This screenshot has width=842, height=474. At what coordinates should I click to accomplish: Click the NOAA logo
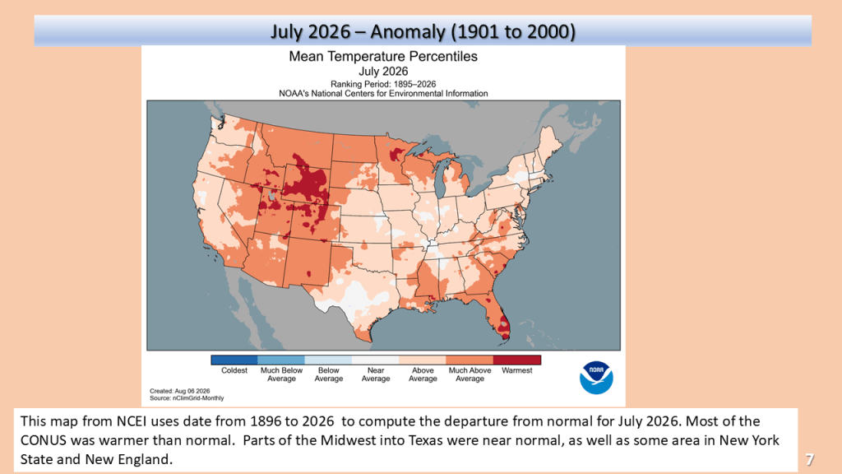click(596, 378)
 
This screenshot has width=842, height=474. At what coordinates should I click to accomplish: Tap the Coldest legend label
click(234, 370)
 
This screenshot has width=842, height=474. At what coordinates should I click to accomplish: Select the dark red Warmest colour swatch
click(516, 360)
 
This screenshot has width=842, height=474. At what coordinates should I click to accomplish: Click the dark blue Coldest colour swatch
click(234, 360)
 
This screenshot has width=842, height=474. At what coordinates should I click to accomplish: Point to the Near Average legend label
click(375, 374)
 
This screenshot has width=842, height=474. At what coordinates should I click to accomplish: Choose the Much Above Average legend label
click(470, 374)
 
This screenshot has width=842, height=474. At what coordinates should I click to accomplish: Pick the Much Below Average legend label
click(281, 374)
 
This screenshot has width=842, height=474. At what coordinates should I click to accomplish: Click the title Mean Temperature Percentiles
click(383, 57)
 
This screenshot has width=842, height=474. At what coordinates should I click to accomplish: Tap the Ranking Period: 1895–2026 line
click(383, 84)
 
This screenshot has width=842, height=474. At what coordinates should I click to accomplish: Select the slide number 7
click(809, 459)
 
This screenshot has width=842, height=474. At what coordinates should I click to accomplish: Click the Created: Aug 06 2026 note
click(180, 391)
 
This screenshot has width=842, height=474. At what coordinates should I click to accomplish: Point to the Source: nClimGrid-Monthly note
click(187, 398)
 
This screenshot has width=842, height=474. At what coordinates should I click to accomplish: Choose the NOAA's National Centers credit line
click(383, 94)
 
